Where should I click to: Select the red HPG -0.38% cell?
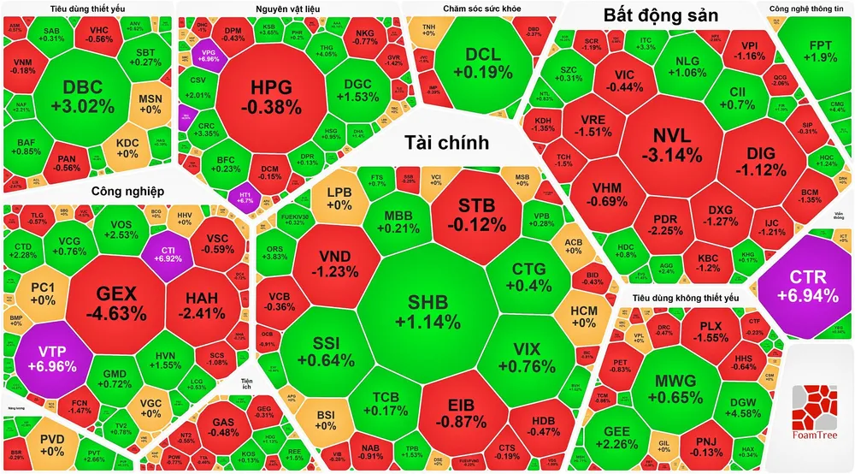click(271, 97)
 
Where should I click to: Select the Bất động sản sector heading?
click(659, 15)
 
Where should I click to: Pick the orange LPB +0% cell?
click(339, 198)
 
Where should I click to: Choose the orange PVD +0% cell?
click(51, 445)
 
